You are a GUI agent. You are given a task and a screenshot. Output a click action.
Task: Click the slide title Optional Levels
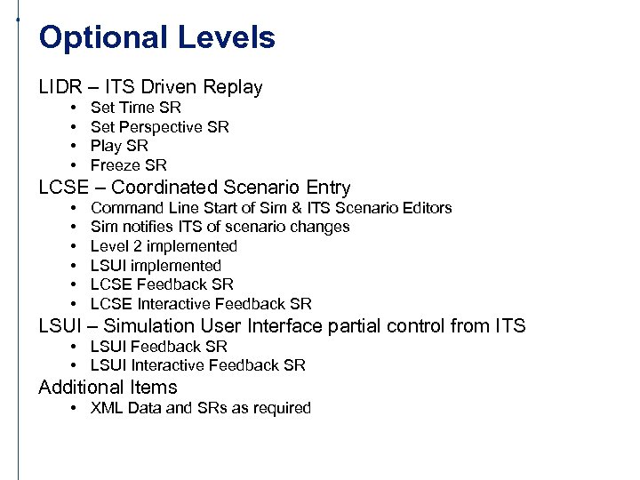[x=157, y=37]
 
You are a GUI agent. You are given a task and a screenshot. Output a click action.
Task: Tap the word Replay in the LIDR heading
[x=233, y=87]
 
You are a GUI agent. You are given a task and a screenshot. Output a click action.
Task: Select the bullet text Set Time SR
[x=135, y=108]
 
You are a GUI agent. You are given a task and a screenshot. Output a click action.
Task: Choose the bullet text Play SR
[x=119, y=146]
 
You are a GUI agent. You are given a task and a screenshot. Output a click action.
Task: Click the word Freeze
[x=116, y=165]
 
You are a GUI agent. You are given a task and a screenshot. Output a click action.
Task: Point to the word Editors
[x=425, y=208]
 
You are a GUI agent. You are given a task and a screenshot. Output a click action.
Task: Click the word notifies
[x=148, y=227]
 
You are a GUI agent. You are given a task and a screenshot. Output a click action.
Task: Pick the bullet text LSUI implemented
[x=156, y=266]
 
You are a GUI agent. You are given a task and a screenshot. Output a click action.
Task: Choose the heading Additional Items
[x=108, y=388]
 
